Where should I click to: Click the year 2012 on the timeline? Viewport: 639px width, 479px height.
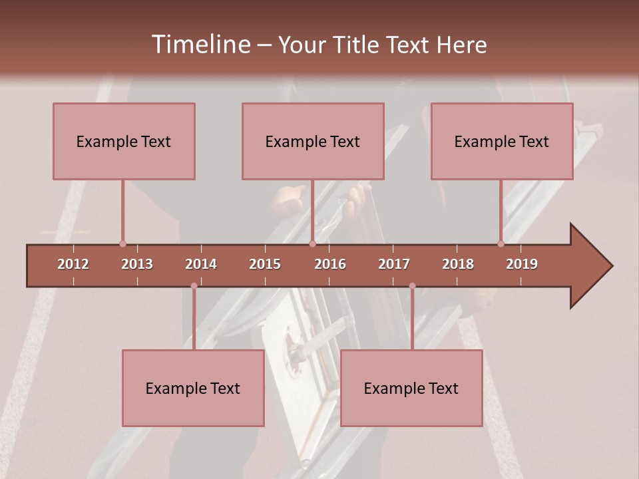pyautogui.click(x=73, y=264)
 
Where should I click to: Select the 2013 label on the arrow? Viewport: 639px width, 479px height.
pyautogui.click(x=137, y=264)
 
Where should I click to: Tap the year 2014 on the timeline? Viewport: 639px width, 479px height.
pyautogui.click(x=201, y=264)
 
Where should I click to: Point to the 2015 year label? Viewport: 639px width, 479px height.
pyautogui.click(x=265, y=264)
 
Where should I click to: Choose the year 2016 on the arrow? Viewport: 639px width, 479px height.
pyautogui.click(x=330, y=264)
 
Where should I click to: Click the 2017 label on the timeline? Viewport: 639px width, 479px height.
pyautogui.click(x=394, y=264)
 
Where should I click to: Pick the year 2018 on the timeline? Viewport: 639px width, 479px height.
pyautogui.click(x=458, y=264)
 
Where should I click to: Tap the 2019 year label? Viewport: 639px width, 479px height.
pyautogui.click(x=522, y=264)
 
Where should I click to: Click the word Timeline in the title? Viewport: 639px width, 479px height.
pyautogui.click(x=200, y=45)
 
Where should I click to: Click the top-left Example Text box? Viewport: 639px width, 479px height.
pyautogui.click(x=124, y=141)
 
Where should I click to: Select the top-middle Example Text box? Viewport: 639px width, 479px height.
pyautogui.click(x=313, y=141)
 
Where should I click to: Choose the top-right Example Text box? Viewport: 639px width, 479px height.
pyautogui.click(x=502, y=141)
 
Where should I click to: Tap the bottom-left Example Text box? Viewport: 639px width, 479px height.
pyautogui.click(x=193, y=388)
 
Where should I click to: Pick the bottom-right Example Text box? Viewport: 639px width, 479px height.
pyautogui.click(x=411, y=388)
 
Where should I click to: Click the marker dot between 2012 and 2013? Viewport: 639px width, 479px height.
pyautogui.click(x=122, y=244)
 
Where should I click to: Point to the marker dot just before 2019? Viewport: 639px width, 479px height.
pyautogui.click(x=501, y=244)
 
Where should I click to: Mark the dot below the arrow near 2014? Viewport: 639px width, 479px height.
pyautogui.click(x=194, y=286)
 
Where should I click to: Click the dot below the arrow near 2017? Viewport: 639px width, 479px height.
pyautogui.click(x=412, y=286)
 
